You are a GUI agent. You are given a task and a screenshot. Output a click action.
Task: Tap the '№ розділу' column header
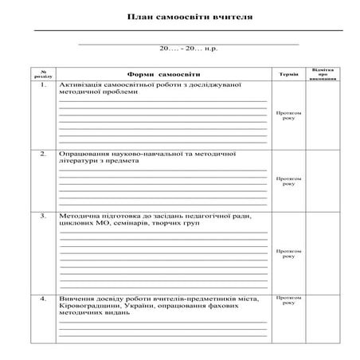(45, 74)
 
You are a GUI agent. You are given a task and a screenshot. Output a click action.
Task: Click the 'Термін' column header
(289, 74)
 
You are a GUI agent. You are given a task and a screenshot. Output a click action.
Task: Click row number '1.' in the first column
(45, 85)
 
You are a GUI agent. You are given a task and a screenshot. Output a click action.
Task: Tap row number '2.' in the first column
(45, 152)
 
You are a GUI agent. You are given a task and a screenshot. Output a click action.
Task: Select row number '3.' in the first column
(45, 216)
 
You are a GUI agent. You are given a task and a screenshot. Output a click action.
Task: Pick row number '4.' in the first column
(45, 298)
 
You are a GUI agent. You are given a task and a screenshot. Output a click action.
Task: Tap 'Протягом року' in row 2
(288, 181)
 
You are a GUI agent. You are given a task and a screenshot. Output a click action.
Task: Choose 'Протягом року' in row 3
(288, 252)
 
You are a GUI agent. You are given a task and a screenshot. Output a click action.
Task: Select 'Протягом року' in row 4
(288, 300)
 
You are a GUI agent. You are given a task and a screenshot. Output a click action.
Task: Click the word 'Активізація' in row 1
(79, 85)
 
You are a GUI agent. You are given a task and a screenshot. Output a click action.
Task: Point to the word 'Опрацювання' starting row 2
(82, 152)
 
